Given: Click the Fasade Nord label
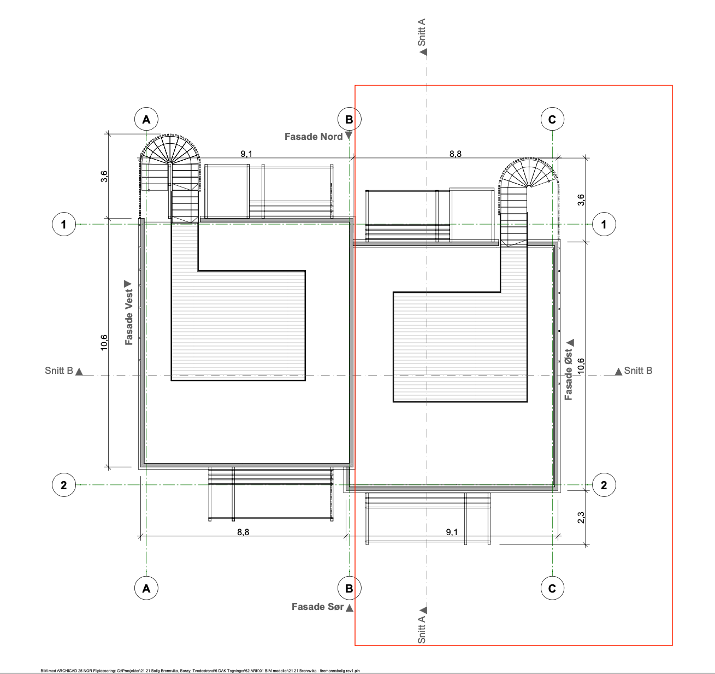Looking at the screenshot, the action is click(x=313, y=137).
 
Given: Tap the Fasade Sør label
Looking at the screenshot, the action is click(x=317, y=607).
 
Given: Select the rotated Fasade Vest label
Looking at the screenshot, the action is click(x=129, y=317).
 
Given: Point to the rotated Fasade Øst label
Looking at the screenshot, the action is click(x=569, y=374).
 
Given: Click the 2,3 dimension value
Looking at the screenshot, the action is click(x=581, y=518).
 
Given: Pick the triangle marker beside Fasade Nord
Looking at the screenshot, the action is click(x=348, y=136).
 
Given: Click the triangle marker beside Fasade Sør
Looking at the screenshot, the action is click(x=350, y=608).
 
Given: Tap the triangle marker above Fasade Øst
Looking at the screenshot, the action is click(x=570, y=342).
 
